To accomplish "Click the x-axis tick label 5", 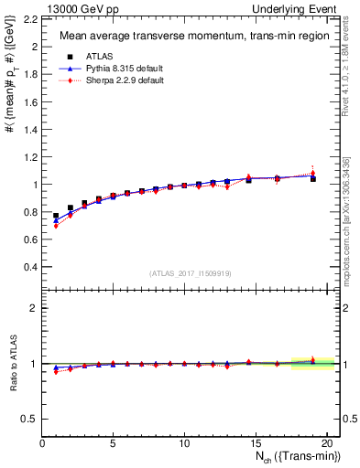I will [x=113, y=443].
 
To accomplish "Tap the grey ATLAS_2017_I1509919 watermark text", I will [x=191, y=273].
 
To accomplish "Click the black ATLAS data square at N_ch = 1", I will [x=56, y=216].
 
